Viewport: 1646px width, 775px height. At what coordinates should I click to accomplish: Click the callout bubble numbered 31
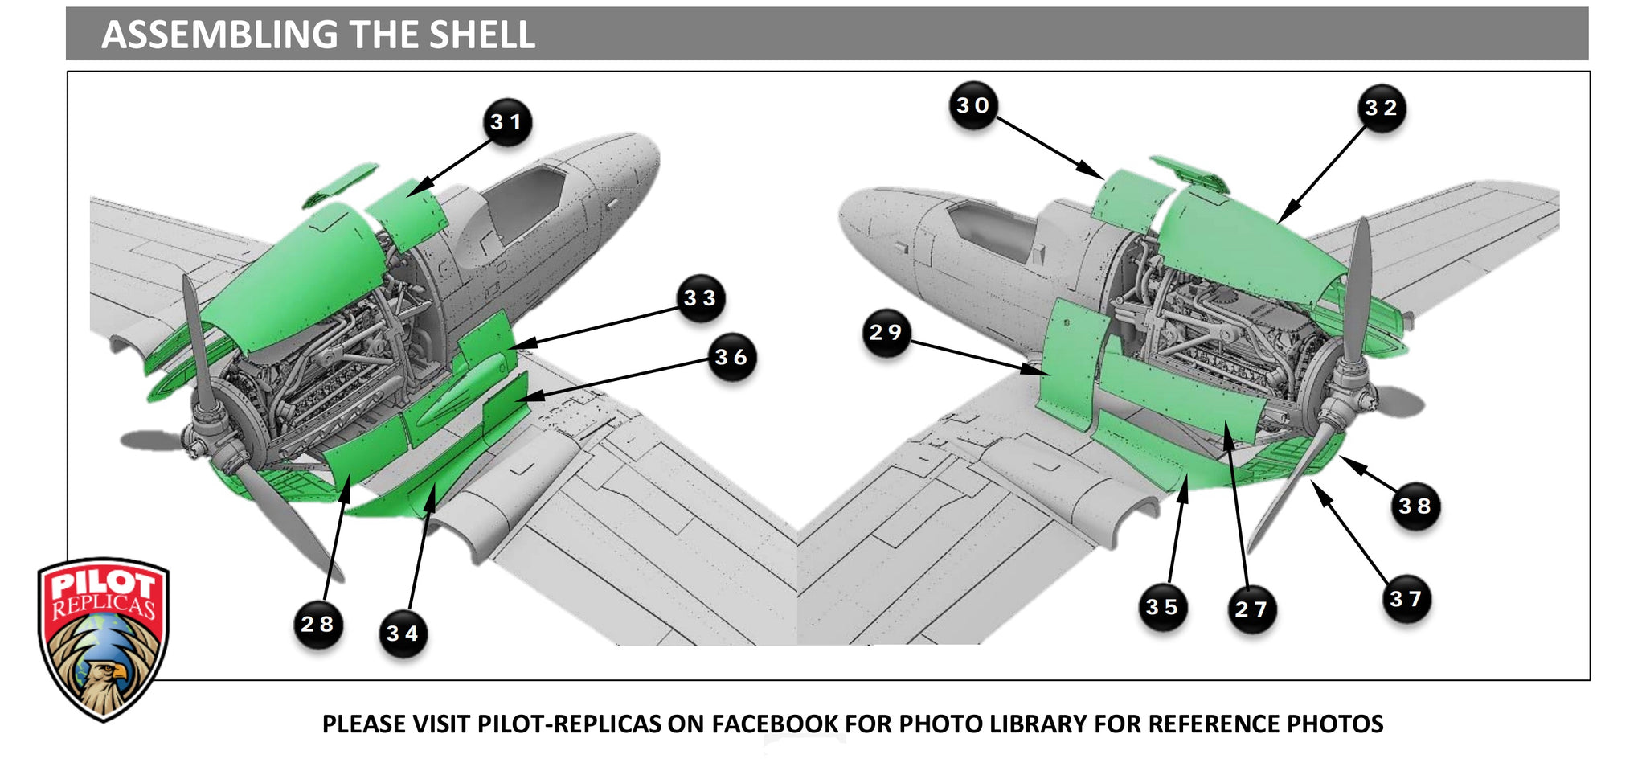click(x=507, y=122)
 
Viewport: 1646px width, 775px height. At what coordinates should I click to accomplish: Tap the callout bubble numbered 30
click(x=972, y=105)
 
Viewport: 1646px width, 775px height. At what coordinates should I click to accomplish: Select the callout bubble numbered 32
click(x=1382, y=109)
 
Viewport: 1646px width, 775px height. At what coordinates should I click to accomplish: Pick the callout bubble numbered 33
click(x=700, y=298)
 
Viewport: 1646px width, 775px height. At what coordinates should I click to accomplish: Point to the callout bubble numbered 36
click(x=731, y=357)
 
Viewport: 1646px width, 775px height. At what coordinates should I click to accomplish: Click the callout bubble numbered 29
click(x=886, y=333)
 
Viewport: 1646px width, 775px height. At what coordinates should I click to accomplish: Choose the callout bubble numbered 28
click(x=317, y=624)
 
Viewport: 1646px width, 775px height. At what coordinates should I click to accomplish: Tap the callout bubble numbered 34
click(x=403, y=634)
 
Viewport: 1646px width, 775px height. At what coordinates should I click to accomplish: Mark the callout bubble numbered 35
click(x=1162, y=607)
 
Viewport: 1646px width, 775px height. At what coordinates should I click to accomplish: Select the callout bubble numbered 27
click(x=1251, y=609)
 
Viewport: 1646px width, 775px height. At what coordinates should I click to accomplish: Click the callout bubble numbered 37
click(x=1406, y=599)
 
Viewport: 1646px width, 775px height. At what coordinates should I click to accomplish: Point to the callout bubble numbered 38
click(x=1415, y=506)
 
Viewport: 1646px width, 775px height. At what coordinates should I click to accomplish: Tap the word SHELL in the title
click(x=481, y=35)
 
